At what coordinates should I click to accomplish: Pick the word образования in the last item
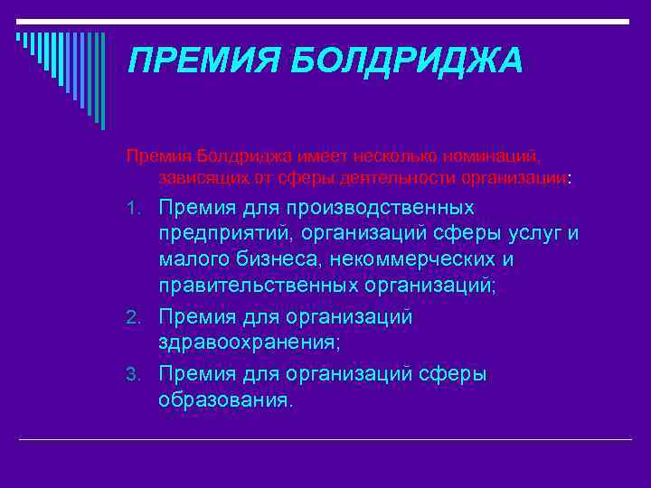225,399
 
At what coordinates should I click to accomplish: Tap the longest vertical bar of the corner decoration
102,81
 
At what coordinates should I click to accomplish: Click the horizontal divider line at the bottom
325,439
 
